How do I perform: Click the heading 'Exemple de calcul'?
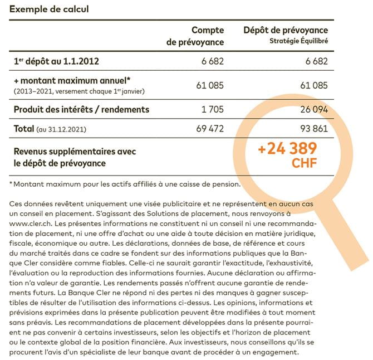tap(49, 9)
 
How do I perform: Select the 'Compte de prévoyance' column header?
tap(195, 36)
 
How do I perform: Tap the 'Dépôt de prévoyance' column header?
tap(286, 30)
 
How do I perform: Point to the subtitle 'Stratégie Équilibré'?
tap(298, 41)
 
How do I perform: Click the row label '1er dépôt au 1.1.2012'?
tap(56, 61)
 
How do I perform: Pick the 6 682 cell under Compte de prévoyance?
tap(213, 61)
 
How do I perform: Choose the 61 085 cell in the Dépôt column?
tap(312, 85)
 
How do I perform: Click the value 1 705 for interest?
tap(212, 109)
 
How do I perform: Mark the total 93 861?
tap(312, 129)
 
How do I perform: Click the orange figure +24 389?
tap(287, 149)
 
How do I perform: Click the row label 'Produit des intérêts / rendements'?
tap(81, 109)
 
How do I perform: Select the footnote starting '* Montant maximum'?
tap(125, 183)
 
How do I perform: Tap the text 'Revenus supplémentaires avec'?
tap(75, 151)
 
